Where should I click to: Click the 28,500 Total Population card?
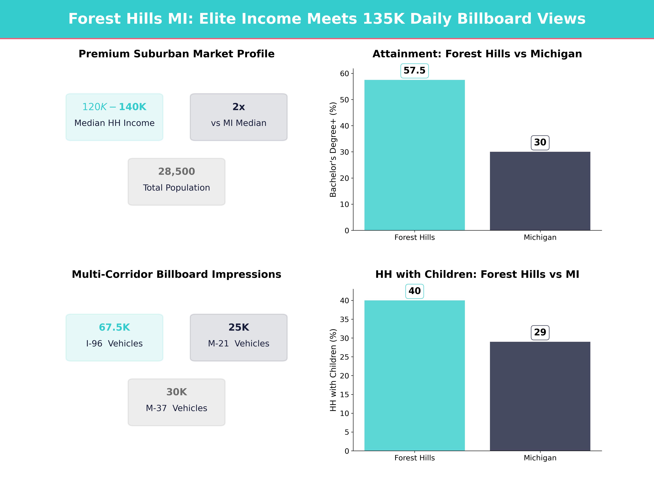(176, 182)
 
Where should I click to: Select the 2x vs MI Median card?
(239, 117)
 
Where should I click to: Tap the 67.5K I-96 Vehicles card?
(114, 337)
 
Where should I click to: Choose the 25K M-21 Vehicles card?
(239, 337)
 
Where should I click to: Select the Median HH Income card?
(114, 117)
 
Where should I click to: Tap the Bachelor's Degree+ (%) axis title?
(333, 149)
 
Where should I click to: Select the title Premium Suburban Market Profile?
(176, 54)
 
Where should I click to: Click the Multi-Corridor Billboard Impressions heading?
(176, 274)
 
